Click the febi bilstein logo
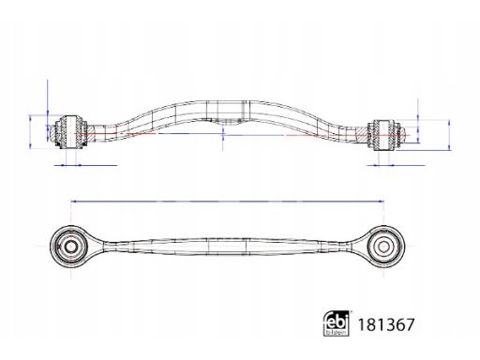pyautogui.click(x=337, y=323)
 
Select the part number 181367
pyautogui.click(x=386, y=324)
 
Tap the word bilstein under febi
pyautogui.click(x=337, y=333)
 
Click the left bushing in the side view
pyautogui.click(x=70, y=131)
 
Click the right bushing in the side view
pyautogui.click(x=384, y=135)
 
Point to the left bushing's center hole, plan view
pyautogui.click(x=71, y=247)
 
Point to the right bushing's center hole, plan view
pyautogui.click(x=383, y=247)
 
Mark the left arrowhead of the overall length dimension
pyautogui.click(x=73, y=202)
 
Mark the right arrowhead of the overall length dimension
pyautogui.click(x=382, y=202)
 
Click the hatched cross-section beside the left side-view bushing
pyautogui.click(x=92, y=132)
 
